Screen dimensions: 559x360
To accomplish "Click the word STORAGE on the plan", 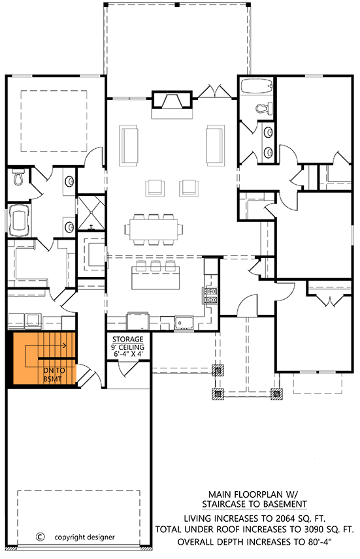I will (x=127, y=340).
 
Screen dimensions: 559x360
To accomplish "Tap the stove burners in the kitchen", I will (x=212, y=296).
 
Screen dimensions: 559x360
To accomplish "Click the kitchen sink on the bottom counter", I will (x=182, y=322).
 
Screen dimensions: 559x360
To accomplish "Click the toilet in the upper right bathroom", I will (x=265, y=109).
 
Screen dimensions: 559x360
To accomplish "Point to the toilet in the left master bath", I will (x=18, y=178).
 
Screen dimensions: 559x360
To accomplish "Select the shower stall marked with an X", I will (x=91, y=211).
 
